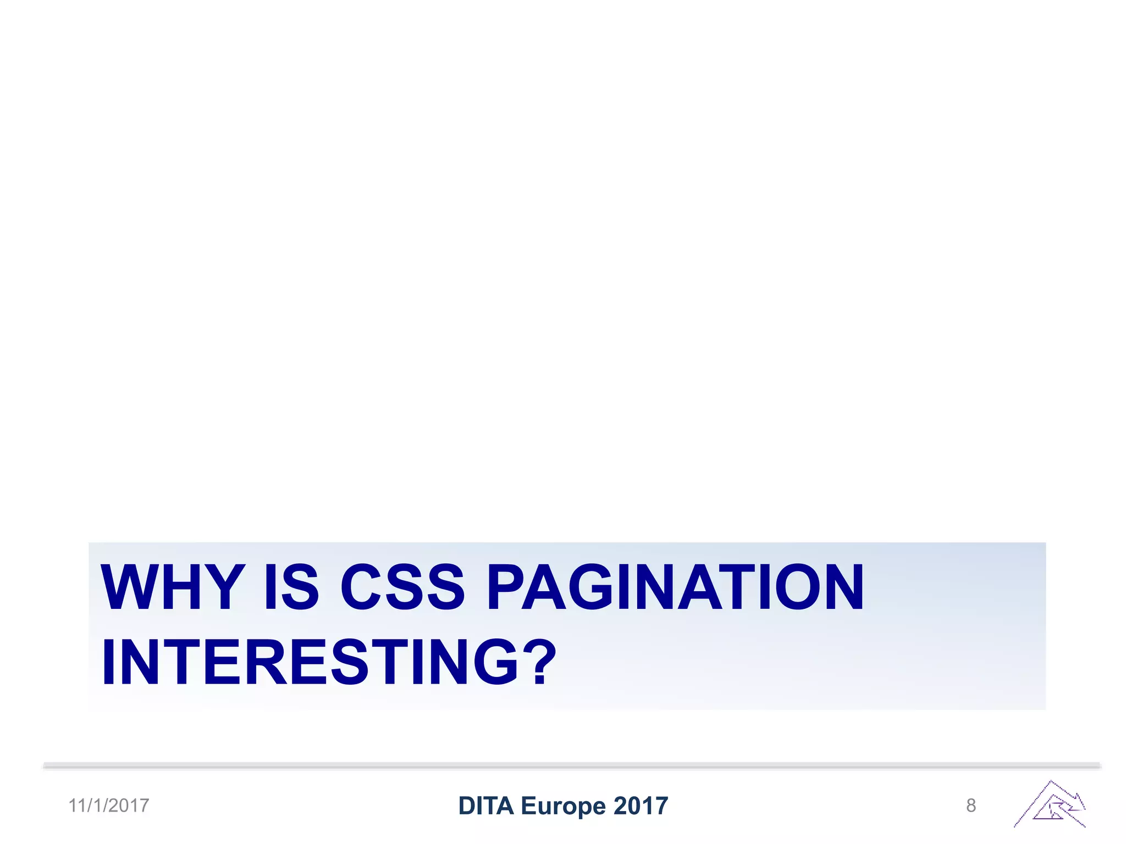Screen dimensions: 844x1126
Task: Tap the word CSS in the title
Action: [402, 587]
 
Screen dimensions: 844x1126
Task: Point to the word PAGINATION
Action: [675, 587]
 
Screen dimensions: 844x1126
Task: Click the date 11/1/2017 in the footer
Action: [109, 806]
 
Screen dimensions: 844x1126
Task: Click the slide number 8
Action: [971, 806]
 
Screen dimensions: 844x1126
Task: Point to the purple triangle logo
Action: [1050, 804]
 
